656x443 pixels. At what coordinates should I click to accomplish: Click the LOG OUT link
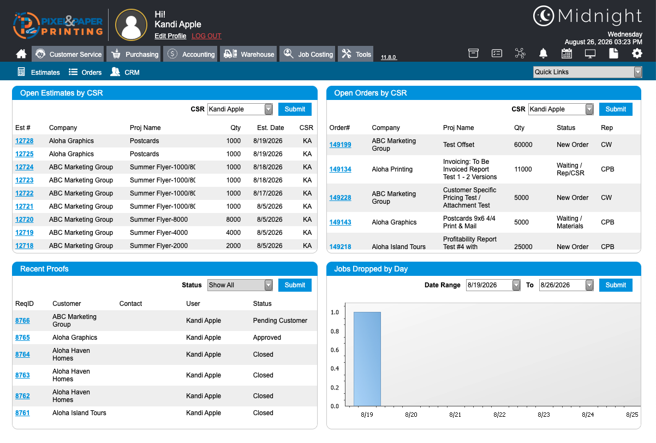tap(206, 36)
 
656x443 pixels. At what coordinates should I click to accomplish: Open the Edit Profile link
tap(170, 36)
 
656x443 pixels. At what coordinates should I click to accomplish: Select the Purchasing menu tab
tap(134, 54)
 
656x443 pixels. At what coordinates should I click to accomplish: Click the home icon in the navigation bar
tap(21, 54)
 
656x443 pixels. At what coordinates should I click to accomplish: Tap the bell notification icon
tap(543, 54)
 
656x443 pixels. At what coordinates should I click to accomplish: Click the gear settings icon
tap(637, 54)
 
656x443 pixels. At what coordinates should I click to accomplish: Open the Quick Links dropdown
tap(587, 72)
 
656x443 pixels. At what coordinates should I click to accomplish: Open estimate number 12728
tap(25, 141)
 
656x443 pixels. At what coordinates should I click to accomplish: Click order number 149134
tap(340, 169)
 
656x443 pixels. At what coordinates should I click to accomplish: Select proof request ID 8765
tap(22, 338)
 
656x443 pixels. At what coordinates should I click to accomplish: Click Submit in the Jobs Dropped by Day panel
tap(616, 285)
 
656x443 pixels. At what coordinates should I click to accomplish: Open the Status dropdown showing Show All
tap(240, 285)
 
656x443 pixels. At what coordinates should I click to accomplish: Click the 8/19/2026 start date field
tap(493, 285)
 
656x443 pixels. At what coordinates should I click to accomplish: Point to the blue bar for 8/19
tap(367, 359)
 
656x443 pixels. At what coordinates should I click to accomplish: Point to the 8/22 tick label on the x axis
tap(499, 415)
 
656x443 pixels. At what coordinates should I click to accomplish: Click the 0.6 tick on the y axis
tap(335, 350)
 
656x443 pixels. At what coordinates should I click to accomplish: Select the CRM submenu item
tap(125, 72)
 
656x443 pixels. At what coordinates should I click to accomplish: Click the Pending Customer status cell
tap(280, 321)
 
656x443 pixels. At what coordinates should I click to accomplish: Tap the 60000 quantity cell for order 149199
tap(523, 145)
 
